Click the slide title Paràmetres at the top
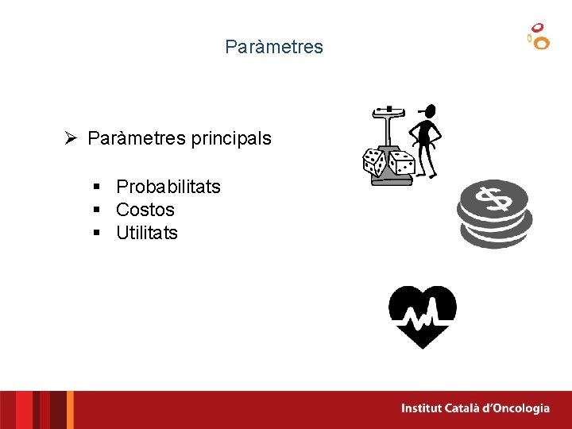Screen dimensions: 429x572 pos(274,47)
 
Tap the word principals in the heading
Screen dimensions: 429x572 pos(230,138)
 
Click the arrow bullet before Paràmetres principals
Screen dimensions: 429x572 pos(71,138)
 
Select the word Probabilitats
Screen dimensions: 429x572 pos(168,187)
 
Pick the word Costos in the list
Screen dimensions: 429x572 pos(145,210)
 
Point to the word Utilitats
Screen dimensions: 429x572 pos(146,233)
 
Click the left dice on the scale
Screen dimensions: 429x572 pos(374,162)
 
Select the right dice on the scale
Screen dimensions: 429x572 pos(401,163)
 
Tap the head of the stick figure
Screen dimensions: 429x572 pos(429,111)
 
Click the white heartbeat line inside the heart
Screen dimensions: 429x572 pos(422,319)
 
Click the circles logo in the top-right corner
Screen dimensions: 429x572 pos(539,36)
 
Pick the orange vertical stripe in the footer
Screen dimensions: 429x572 pos(70,410)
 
